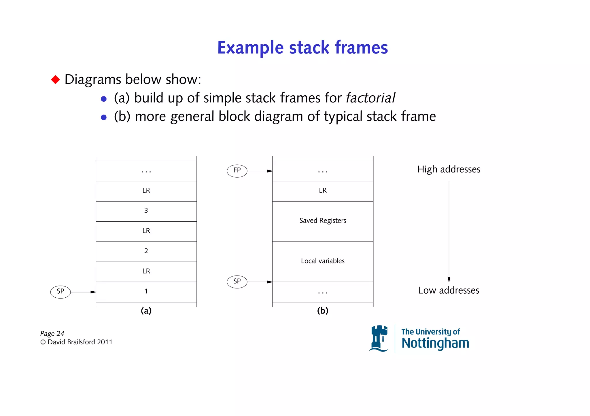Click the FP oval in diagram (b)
[237, 171]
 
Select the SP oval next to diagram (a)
[60, 292]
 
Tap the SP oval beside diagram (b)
[237, 282]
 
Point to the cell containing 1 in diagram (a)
[146, 292]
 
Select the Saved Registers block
[323, 221]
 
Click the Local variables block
[323, 261]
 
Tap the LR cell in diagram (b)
[323, 191]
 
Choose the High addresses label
[449, 169]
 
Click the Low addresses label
[449, 290]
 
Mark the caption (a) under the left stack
[146, 311]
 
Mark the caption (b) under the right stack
[323, 311]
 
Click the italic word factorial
[370, 98]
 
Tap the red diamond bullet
[55, 79]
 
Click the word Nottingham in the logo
[435, 343]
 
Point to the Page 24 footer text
[52, 333]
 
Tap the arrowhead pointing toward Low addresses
[449, 279]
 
